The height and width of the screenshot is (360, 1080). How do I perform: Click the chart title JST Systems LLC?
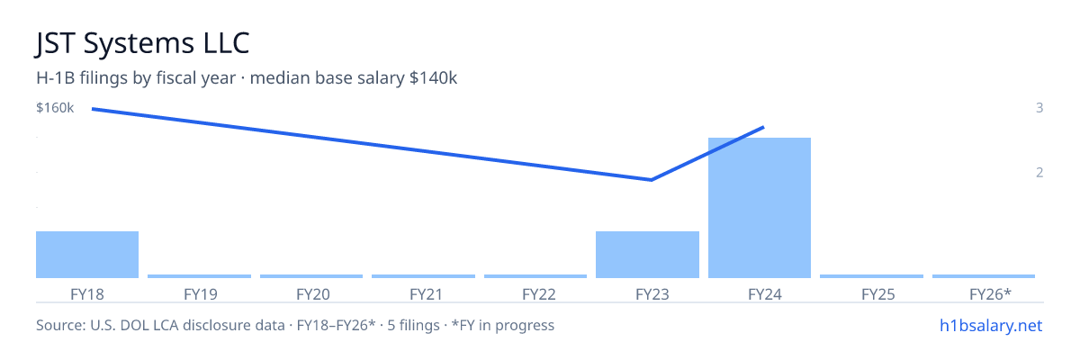142,43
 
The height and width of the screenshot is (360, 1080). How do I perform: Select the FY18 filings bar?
87,255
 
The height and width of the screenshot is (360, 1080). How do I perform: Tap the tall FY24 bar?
760,208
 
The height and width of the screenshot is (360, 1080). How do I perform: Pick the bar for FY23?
647,255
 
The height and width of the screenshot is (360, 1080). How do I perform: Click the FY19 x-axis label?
200,294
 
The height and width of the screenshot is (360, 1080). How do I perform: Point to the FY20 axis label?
313,294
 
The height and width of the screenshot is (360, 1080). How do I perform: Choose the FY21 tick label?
426,294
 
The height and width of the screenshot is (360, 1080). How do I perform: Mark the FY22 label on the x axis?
538,294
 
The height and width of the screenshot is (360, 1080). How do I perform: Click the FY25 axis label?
878,294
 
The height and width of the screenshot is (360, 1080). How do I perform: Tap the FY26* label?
990,294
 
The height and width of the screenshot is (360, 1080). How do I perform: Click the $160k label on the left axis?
55,108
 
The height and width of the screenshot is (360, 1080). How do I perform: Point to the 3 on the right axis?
1039,108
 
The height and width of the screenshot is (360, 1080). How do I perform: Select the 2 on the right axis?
1039,173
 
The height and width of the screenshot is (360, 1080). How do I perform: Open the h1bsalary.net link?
991,325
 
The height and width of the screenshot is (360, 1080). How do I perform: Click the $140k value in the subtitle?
433,78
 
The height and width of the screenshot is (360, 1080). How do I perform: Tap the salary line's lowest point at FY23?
652,180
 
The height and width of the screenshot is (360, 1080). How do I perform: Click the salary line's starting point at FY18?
93,109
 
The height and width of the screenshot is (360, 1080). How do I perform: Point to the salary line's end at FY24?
764,127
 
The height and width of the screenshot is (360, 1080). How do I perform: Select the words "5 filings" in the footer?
413,325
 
